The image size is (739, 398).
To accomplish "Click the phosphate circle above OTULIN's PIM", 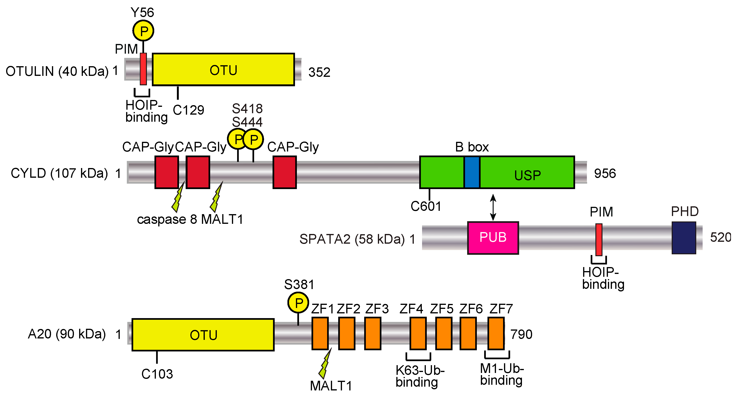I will (x=143, y=31).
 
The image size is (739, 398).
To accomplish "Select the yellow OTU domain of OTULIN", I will (x=223, y=69).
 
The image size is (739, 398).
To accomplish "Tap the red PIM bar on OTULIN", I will (x=143, y=69).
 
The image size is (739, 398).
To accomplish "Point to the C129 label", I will (x=188, y=110).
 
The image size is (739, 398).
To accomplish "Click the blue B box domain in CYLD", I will (x=472, y=172).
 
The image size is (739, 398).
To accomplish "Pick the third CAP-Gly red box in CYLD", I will (x=284, y=172).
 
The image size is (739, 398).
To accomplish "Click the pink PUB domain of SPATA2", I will (x=493, y=238).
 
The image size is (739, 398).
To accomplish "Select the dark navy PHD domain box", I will (x=684, y=238).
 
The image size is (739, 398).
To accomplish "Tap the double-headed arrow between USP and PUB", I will (x=493, y=207).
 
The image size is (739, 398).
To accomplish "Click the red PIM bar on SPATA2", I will (x=599, y=240).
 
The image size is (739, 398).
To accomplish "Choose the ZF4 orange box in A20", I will (x=418, y=333).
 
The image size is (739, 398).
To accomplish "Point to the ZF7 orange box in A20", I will (x=496, y=333).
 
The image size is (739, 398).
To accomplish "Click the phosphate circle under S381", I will (x=298, y=303).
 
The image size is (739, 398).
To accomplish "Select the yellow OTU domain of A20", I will (x=203, y=334).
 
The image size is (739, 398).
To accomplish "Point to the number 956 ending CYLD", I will (x=605, y=173).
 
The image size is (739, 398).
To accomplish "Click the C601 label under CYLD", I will (x=426, y=206).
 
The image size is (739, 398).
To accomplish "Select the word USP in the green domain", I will (x=527, y=175).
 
